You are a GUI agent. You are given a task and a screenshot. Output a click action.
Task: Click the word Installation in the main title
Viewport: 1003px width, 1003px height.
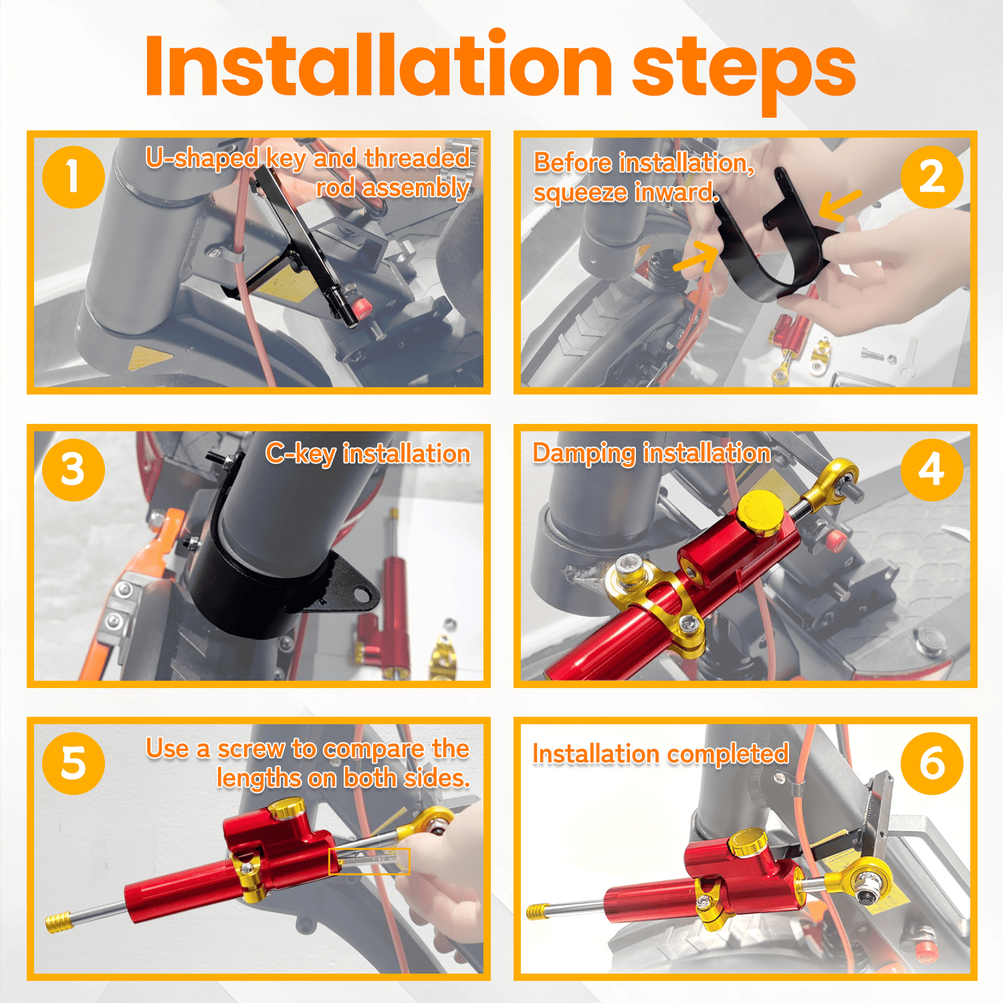(378, 65)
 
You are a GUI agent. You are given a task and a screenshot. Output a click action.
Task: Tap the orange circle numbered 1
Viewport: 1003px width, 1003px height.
(73, 177)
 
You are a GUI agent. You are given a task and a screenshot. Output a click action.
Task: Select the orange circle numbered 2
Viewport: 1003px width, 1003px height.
(931, 177)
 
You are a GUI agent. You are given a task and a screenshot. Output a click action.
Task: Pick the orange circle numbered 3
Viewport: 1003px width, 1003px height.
(73, 469)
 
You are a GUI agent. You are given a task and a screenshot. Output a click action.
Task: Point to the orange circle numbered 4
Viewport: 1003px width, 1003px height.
(931, 469)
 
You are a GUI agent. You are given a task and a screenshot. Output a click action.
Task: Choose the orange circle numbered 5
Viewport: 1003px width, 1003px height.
(73, 763)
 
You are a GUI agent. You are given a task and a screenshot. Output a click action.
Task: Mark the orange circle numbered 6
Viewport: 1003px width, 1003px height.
(931, 763)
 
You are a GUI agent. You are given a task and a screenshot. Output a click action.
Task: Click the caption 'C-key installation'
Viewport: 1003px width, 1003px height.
(368, 454)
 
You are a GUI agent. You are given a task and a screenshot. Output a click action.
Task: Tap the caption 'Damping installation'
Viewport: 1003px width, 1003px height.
(651, 454)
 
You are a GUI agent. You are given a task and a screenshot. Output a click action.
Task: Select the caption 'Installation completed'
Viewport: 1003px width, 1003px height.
(661, 754)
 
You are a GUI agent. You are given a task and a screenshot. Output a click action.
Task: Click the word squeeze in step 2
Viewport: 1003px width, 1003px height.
(580, 193)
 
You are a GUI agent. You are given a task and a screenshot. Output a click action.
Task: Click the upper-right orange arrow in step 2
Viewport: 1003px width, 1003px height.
(839, 205)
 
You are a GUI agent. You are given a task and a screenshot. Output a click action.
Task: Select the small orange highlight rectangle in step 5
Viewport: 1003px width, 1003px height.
(369, 861)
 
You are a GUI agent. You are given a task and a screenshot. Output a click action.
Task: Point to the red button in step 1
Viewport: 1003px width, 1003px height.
(362, 308)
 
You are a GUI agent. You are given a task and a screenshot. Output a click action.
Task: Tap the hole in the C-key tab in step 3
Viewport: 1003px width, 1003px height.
(362, 592)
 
